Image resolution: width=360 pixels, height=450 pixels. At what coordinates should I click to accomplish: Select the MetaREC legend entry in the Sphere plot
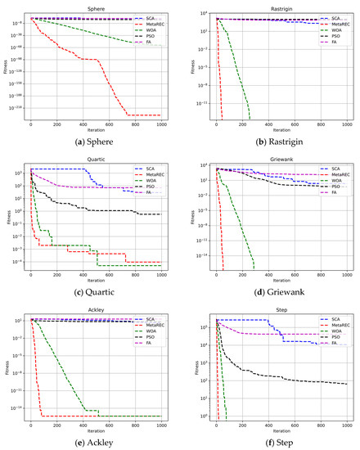[151, 25]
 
